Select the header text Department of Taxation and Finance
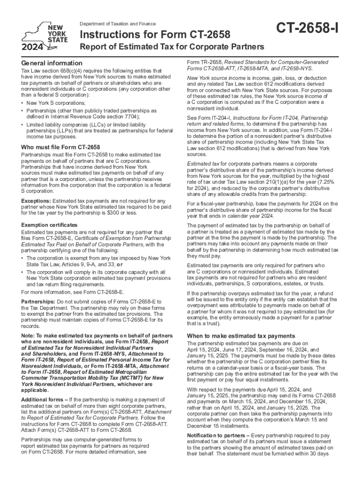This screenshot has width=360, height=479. pyautogui.click(x=118, y=24)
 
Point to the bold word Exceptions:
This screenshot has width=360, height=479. pyautogui.click(x=36, y=201)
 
